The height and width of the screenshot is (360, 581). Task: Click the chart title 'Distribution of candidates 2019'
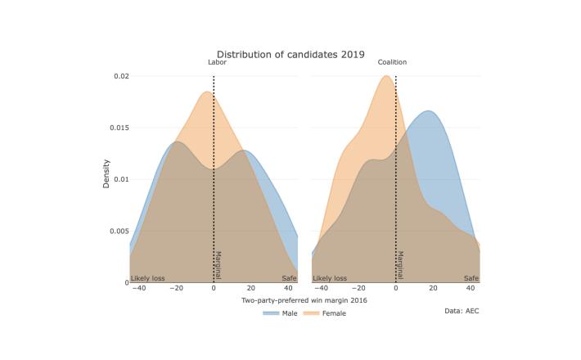coord(290,54)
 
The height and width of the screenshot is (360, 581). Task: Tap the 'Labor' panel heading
coord(214,63)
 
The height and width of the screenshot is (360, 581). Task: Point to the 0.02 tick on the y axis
coord(121,76)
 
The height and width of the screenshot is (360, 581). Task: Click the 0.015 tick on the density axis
coord(119,128)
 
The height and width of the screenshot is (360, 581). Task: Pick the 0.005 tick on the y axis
coord(119,231)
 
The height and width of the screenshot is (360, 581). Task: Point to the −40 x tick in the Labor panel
coord(139,289)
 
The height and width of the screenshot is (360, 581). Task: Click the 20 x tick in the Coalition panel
coord(433,289)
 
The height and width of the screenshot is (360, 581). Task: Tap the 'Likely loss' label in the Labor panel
coord(148,278)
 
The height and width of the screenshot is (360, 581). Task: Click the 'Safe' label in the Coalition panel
coord(471,278)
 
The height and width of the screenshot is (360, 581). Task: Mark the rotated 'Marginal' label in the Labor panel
coord(218,264)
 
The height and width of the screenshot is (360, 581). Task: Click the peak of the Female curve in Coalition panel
coord(385,76)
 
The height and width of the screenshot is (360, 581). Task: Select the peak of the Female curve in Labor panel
coord(207,92)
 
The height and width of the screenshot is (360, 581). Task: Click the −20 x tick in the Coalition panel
coord(358,289)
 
